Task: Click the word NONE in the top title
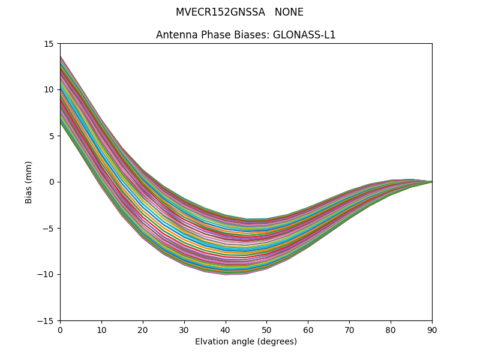tap(289, 12)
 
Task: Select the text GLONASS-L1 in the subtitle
tap(304, 35)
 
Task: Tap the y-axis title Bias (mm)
tap(29, 182)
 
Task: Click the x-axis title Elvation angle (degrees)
tap(246, 342)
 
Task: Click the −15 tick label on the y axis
tap(47, 320)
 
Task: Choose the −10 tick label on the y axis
tap(47, 274)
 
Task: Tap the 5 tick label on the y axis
tap(52, 136)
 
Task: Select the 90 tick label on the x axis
tap(432, 329)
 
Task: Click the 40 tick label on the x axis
tap(226, 329)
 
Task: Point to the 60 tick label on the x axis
tap(308, 329)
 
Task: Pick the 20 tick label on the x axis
tap(143, 329)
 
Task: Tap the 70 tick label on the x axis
tap(349, 329)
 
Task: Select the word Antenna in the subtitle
tap(174, 35)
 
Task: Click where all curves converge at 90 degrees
tap(431, 182)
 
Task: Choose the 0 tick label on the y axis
tap(52, 182)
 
